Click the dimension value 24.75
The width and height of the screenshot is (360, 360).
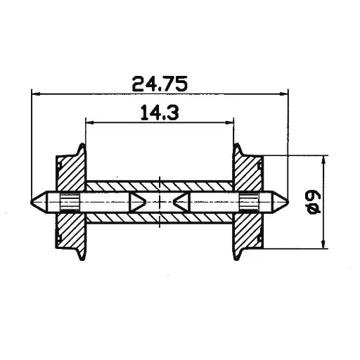pos(160,83)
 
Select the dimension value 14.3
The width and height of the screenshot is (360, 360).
pos(160,112)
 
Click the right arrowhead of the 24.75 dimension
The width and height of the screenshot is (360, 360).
pos(285,94)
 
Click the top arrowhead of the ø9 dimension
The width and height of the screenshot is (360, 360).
pos(323,159)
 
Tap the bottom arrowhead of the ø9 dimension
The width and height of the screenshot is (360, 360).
pos(323,244)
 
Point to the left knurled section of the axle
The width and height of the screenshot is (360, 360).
pos(70,202)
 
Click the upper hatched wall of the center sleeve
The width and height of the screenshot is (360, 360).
pos(160,186)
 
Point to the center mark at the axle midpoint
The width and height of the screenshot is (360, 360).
pos(161,202)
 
